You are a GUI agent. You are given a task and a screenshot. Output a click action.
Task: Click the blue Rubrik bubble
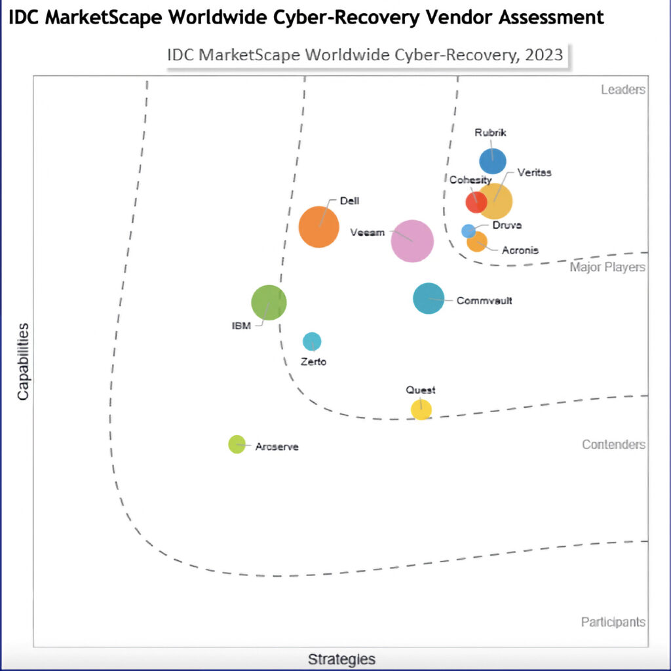click(x=493, y=161)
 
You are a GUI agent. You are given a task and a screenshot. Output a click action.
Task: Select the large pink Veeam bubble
click(x=412, y=241)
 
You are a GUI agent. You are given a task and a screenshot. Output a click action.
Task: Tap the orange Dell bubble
click(x=319, y=227)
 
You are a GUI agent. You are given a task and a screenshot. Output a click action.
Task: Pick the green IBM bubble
click(x=269, y=303)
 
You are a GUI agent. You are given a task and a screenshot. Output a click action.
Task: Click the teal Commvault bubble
click(x=429, y=298)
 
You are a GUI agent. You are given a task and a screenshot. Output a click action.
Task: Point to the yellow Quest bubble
click(x=421, y=410)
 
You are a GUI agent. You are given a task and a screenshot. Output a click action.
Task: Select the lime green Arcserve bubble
click(x=237, y=444)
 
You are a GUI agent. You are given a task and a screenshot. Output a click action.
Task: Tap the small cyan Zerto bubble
click(x=312, y=341)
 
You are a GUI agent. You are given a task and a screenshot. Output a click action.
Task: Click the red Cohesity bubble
click(x=476, y=202)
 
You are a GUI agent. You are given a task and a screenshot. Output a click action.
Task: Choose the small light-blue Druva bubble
click(x=468, y=231)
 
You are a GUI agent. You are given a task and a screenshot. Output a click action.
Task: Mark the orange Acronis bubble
click(x=477, y=242)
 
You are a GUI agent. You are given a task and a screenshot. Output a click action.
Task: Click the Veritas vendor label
click(x=534, y=172)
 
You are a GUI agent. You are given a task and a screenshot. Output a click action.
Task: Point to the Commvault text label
click(x=484, y=300)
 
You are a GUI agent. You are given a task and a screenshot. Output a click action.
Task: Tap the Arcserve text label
click(x=277, y=447)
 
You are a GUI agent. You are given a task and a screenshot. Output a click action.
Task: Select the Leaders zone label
click(x=623, y=89)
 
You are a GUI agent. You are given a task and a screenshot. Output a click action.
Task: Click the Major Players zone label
click(x=607, y=267)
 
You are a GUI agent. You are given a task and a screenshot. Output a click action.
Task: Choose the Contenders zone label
click(x=613, y=445)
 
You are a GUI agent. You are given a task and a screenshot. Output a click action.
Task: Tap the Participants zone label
click(x=613, y=622)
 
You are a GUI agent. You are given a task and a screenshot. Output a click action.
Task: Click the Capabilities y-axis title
click(x=23, y=362)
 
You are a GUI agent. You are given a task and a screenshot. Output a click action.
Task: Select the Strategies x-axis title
click(x=341, y=659)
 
